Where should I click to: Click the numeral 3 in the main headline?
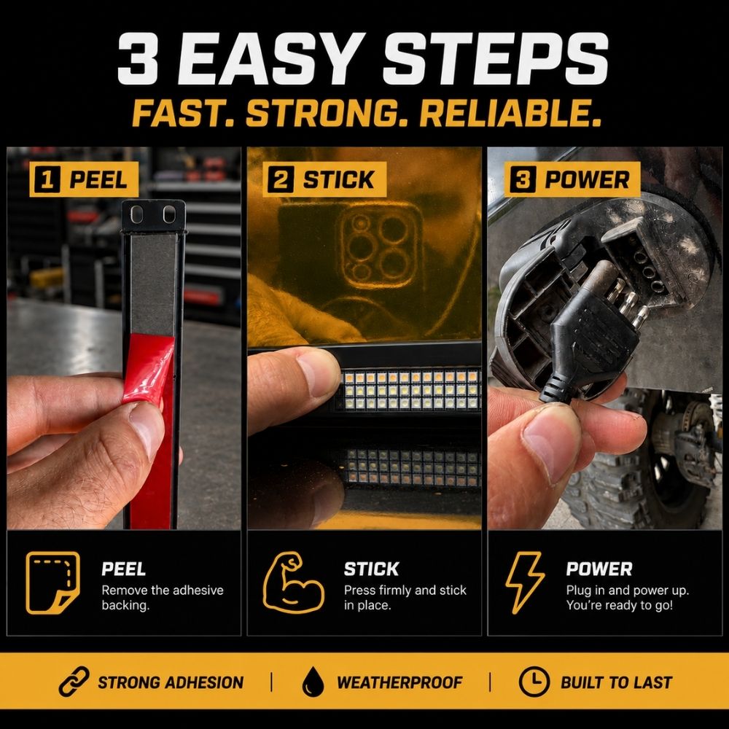click(x=138, y=58)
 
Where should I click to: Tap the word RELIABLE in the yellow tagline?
click(x=510, y=114)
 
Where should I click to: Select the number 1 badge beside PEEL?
click(x=47, y=179)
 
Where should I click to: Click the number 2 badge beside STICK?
click(x=281, y=179)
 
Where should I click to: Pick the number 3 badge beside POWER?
click(x=523, y=179)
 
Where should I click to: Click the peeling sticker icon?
click(x=52, y=582)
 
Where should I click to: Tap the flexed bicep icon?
click(x=293, y=582)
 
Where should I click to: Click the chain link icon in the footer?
click(x=74, y=682)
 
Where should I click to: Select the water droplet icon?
click(x=313, y=682)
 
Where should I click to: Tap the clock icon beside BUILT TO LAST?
click(x=534, y=682)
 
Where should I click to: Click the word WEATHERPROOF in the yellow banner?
click(x=399, y=682)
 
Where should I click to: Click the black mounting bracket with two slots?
click(x=153, y=217)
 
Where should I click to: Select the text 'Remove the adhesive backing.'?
click(x=163, y=598)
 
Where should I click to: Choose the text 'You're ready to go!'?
click(x=619, y=605)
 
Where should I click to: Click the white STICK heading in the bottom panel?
click(x=371, y=569)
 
